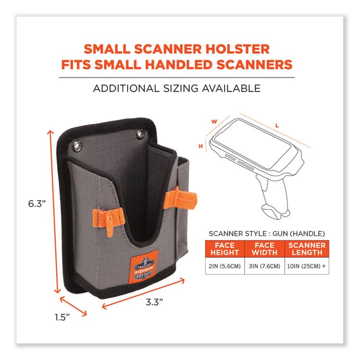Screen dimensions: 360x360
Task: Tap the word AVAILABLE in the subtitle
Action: (x=232, y=88)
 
